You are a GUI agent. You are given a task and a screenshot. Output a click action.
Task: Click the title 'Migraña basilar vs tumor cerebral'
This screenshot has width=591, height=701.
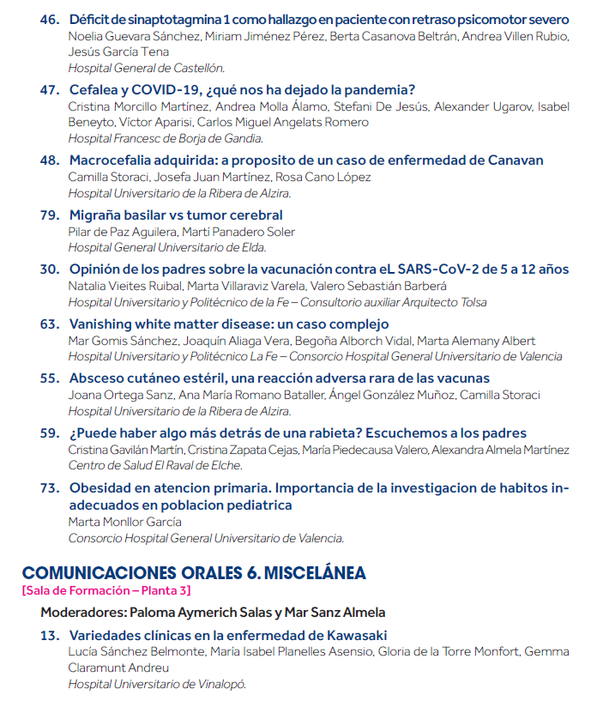coord(176,215)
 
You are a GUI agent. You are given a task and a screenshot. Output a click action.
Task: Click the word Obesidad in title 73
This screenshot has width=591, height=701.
coord(101,488)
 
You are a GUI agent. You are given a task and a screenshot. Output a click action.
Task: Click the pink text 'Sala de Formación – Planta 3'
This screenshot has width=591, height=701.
coord(106,591)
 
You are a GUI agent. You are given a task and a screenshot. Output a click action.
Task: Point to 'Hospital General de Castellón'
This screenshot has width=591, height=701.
coord(147,68)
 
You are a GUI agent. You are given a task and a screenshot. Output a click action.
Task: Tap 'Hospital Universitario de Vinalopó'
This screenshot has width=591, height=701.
coord(157,684)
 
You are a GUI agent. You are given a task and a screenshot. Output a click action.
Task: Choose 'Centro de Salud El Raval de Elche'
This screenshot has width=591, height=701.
coord(155,466)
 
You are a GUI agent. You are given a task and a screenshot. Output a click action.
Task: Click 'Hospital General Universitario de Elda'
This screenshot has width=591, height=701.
coord(167,248)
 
